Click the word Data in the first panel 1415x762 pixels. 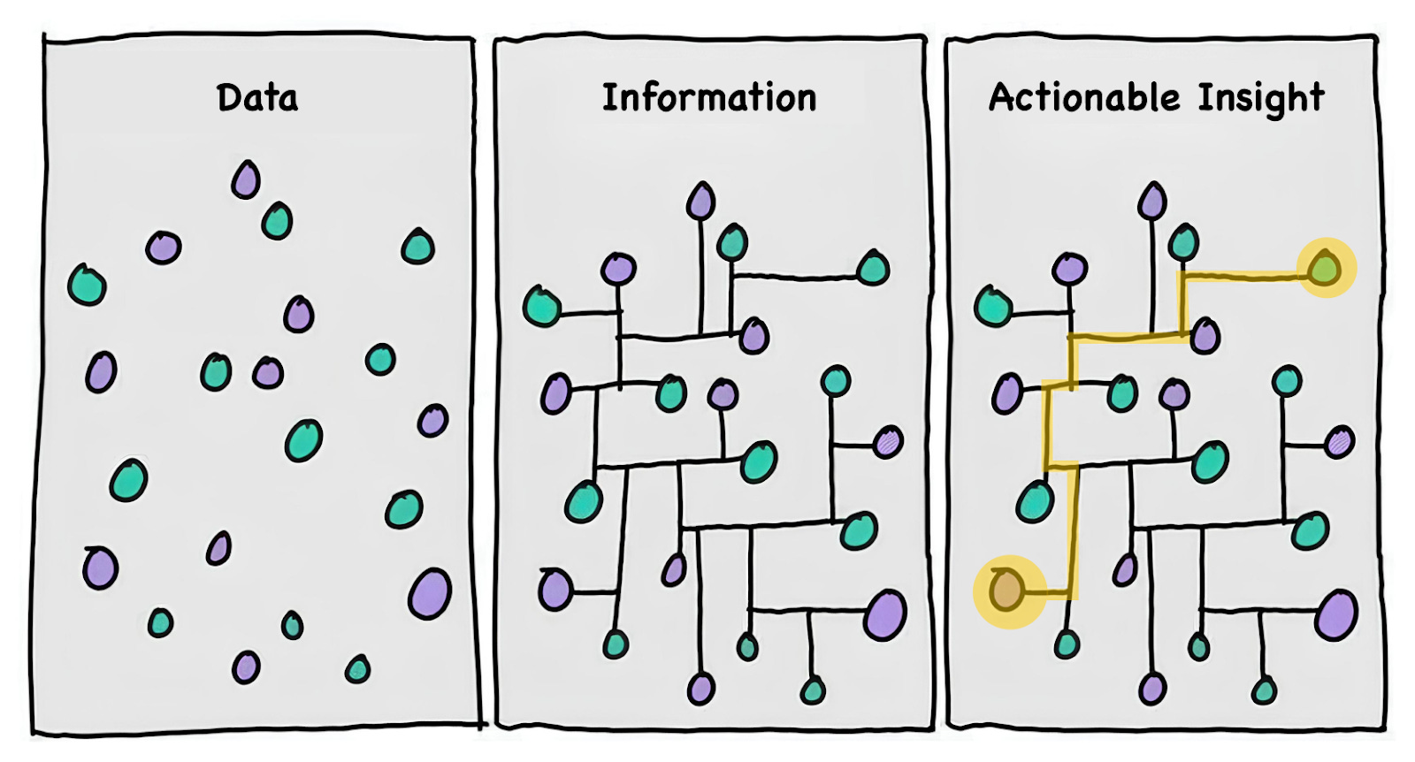click(257, 98)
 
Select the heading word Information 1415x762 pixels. click(709, 98)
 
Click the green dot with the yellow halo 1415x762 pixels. click(1325, 266)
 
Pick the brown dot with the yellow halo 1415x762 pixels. click(1006, 590)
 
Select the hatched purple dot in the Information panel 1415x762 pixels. click(888, 441)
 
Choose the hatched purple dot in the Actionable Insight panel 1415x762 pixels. click(1340, 441)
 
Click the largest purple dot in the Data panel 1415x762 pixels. click(430, 593)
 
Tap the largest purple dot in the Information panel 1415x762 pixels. click(884, 614)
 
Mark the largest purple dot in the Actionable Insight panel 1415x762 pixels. click(1336, 614)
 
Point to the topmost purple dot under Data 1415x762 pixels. click(246, 180)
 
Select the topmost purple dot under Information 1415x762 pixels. click(700, 202)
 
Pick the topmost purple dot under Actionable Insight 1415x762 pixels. click(1151, 202)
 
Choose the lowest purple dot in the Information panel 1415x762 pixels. click(701, 688)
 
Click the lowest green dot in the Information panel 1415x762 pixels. click(813, 690)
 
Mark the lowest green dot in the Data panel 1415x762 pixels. click(357, 669)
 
